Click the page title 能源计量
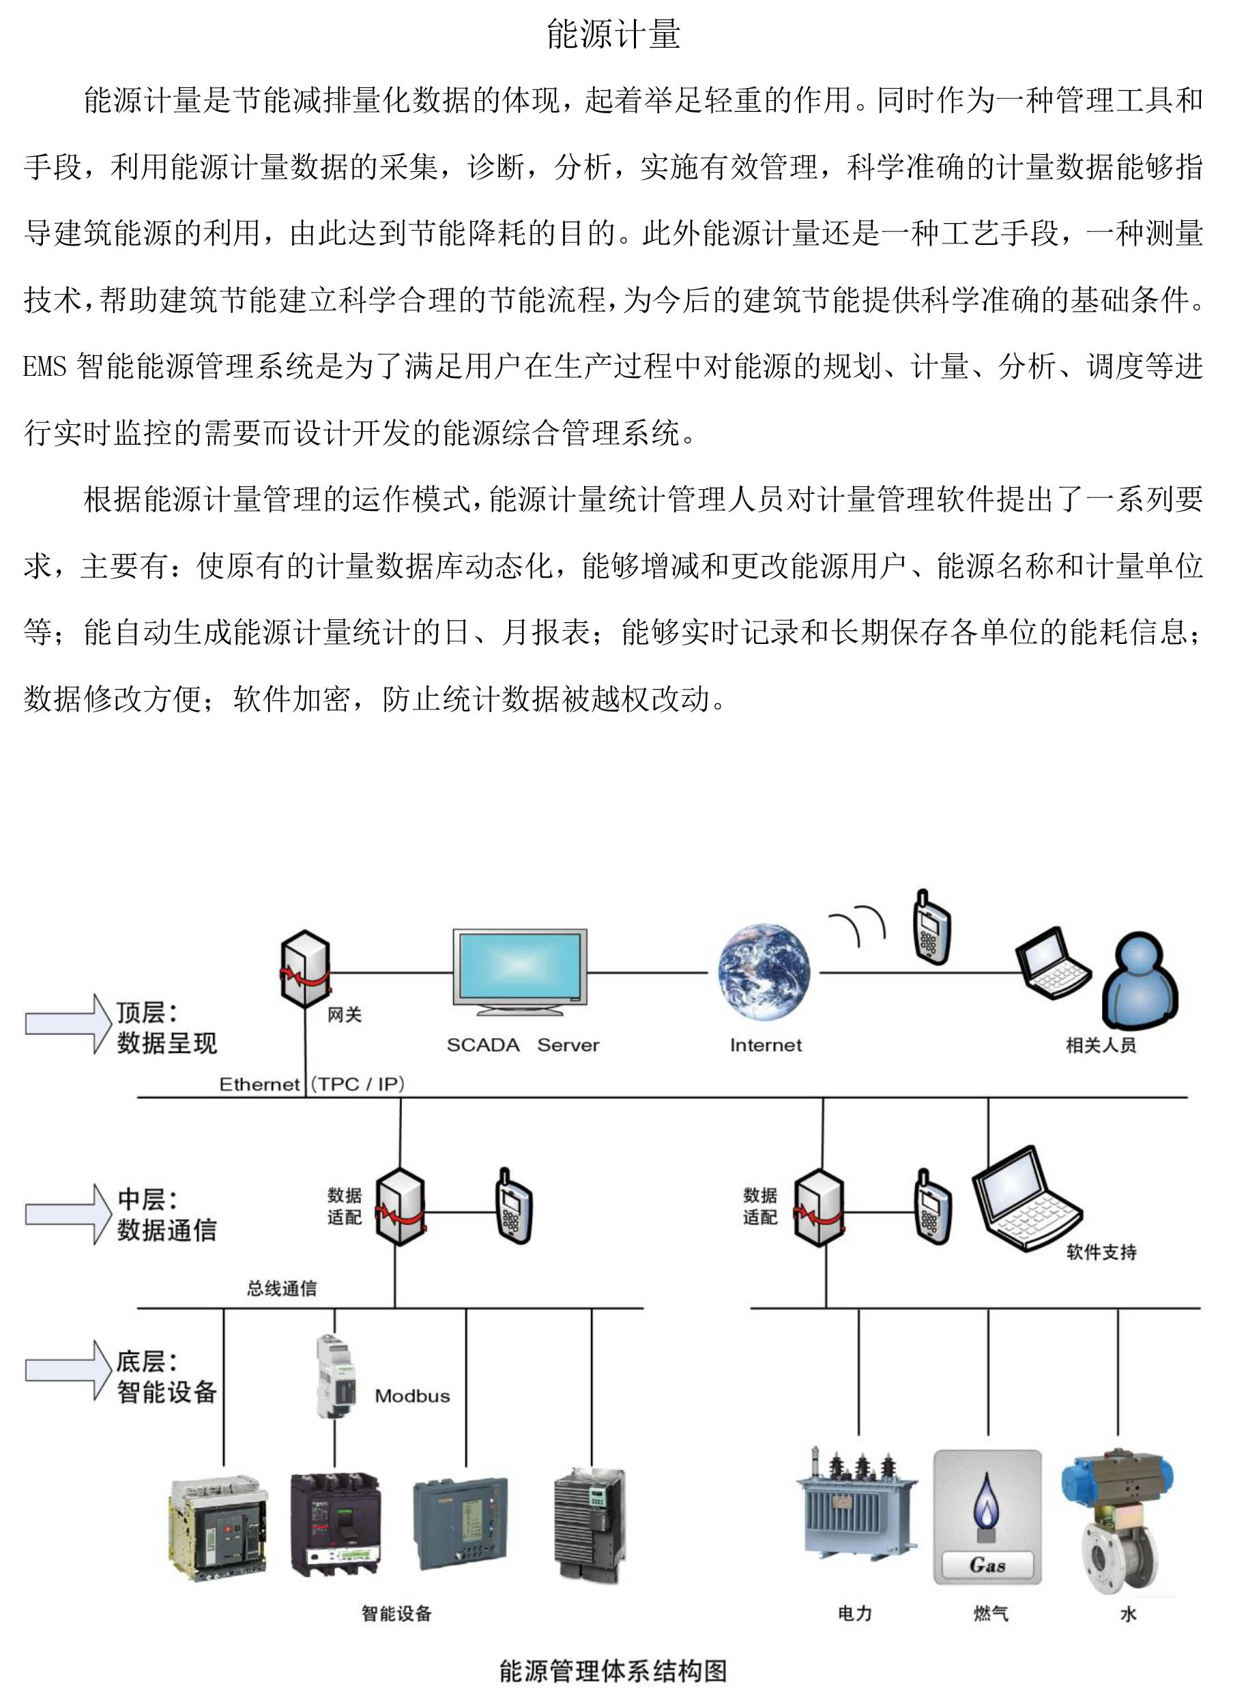point(613,34)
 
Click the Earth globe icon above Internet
point(764,972)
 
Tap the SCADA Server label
point(523,1045)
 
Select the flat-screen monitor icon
point(520,972)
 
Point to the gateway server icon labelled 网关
point(304,969)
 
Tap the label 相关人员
point(1101,1045)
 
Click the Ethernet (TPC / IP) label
point(312,1084)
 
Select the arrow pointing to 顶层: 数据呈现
point(69,1023)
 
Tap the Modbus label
point(412,1396)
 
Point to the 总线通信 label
point(282,1289)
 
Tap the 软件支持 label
point(1101,1252)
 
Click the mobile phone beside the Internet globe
point(931,927)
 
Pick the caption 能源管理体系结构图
point(613,1671)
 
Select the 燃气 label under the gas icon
point(991,1613)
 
